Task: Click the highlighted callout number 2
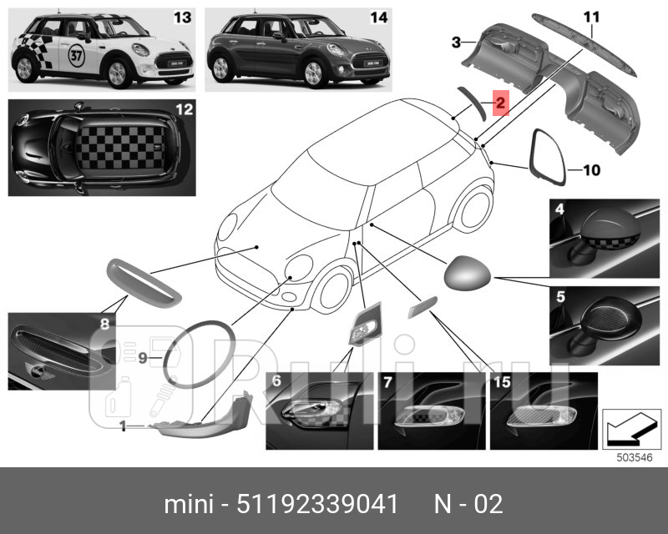click(499, 103)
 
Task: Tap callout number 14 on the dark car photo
click(378, 18)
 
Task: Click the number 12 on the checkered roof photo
click(183, 109)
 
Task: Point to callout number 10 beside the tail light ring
click(590, 170)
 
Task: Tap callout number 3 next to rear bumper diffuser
click(456, 42)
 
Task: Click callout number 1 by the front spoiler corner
click(122, 426)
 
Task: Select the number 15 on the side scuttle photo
click(501, 382)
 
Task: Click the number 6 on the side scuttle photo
click(276, 382)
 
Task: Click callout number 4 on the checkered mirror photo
click(559, 209)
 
